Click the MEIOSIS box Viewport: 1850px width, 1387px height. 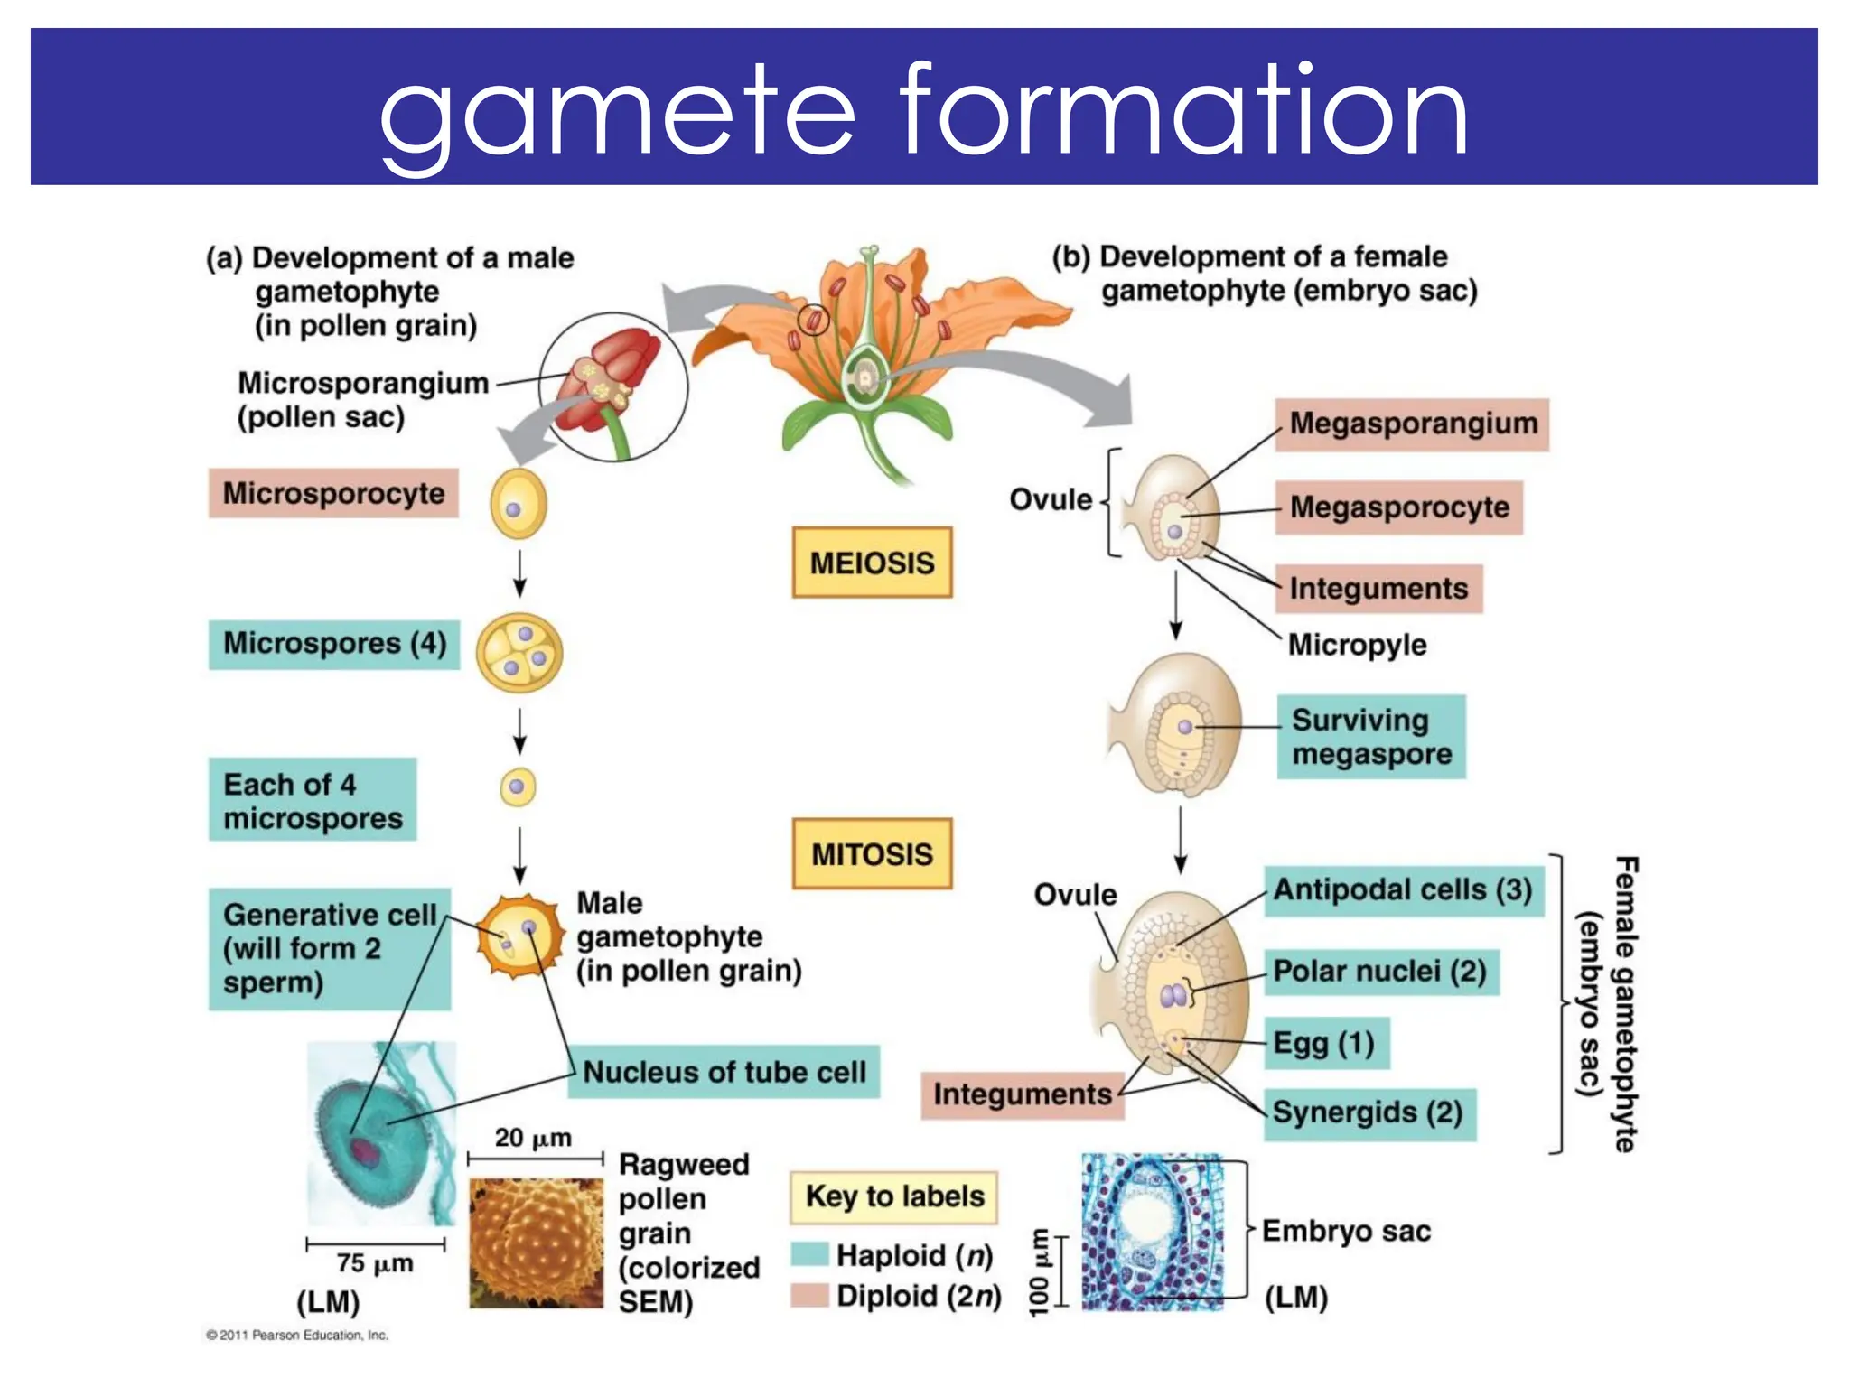[872, 563]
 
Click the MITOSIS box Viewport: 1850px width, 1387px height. [872, 853]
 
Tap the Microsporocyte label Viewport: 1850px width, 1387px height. [333, 493]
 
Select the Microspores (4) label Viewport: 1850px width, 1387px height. [334, 644]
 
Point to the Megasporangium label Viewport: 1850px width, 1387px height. [1412, 424]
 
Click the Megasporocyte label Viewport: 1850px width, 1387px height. [1398, 507]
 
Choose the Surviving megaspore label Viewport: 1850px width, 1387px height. [1370, 737]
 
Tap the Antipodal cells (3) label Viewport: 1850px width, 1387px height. [1402, 890]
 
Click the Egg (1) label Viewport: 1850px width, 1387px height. [1323, 1044]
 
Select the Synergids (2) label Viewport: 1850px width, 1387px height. [1368, 1113]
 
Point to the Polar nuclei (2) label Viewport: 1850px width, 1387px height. [1379, 972]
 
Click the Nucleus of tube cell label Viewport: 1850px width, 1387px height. [724, 1072]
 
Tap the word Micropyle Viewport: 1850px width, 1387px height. [1357, 645]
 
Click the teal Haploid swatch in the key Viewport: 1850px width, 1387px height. [809, 1255]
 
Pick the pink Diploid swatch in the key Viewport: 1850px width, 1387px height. [809, 1296]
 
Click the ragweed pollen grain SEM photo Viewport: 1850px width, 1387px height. [536, 1243]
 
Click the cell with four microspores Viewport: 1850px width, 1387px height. [519, 653]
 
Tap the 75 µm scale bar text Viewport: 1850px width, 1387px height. [375, 1263]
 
